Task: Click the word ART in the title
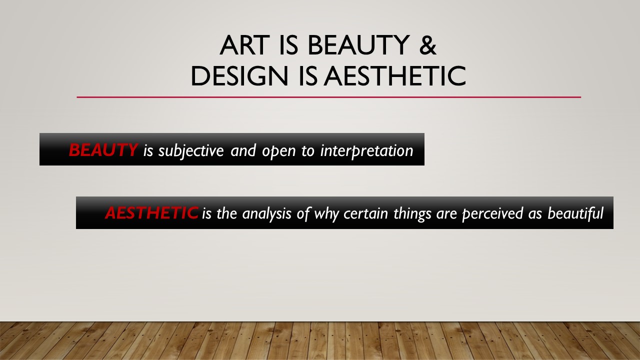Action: point(245,45)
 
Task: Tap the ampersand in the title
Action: point(427,45)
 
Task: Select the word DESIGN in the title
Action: point(239,75)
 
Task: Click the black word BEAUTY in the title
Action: point(359,45)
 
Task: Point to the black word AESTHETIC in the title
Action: point(395,75)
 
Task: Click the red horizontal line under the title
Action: point(329,97)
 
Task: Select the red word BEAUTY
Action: point(103,149)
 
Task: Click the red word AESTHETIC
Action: point(151,213)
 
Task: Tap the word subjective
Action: point(191,151)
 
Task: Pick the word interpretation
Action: point(367,151)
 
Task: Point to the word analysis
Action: point(266,214)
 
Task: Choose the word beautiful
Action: point(575,213)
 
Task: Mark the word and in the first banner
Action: point(243,150)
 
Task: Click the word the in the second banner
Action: point(227,213)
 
